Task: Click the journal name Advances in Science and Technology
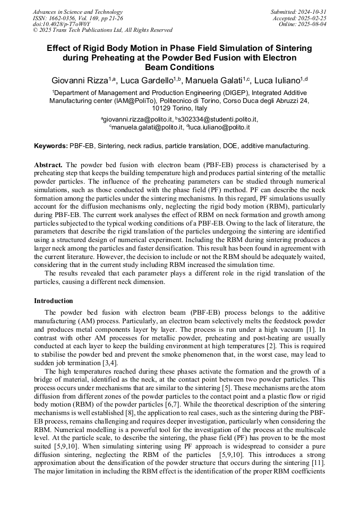78,12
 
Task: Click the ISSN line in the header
85,18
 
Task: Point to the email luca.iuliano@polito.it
218,127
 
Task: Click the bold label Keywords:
51,145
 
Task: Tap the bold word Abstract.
49,165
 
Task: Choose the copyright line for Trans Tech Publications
102,30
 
